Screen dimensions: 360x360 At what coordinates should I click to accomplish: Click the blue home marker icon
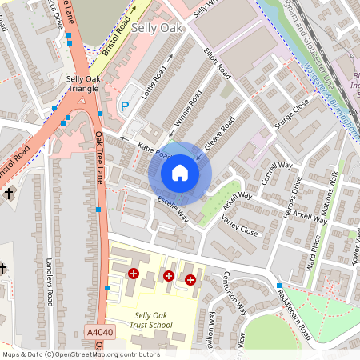(180, 173)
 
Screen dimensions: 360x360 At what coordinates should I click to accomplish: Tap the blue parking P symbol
(124, 105)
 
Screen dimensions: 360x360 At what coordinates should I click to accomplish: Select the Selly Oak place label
(157, 28)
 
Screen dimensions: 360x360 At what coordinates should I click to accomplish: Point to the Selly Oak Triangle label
(72, 82)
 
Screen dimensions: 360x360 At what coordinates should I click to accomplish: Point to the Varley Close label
(239, 226)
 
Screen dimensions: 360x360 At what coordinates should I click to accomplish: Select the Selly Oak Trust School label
(154, 320)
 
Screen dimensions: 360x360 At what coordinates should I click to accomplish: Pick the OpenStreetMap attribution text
(80, 354)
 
